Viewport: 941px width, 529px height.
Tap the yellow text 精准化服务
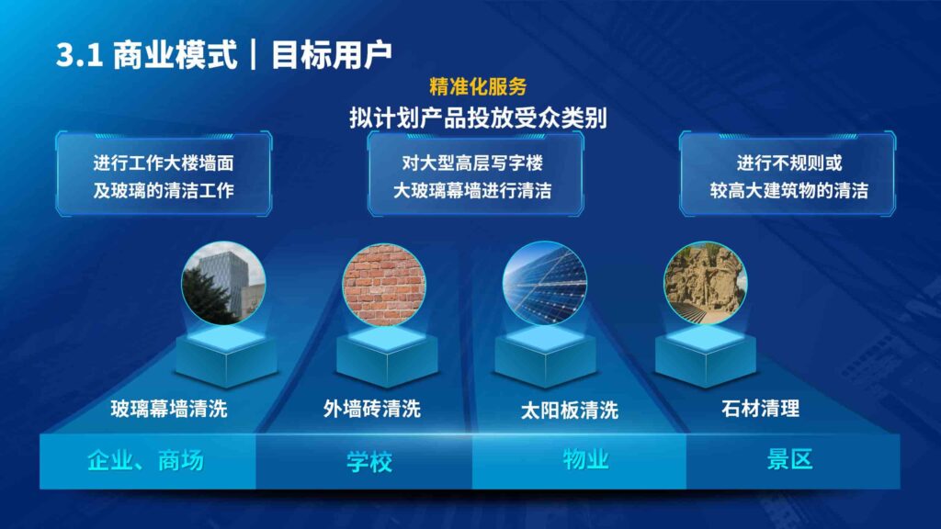478,87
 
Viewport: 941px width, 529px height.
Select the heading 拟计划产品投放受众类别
477,118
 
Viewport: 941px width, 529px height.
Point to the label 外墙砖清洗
372,409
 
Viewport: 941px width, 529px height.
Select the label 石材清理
760,409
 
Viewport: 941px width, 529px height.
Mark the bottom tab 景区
789,460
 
